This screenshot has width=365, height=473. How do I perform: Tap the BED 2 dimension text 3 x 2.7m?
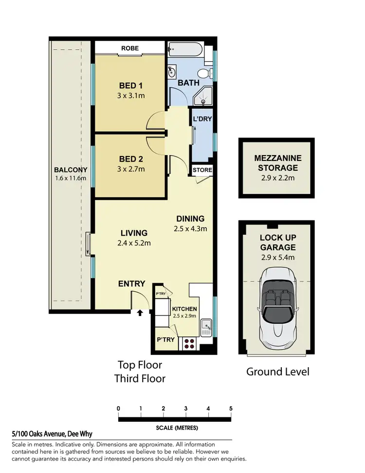pos(130,169)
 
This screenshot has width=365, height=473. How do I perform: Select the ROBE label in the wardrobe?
pos(130,48)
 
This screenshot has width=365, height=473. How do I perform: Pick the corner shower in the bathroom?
pos(203,99)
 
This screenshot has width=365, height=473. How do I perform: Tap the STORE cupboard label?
pos(202,170)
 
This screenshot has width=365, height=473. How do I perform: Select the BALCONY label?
pos(71,170)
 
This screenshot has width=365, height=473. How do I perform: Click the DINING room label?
pos(190,219)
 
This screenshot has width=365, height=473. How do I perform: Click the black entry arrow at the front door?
pos(140,313)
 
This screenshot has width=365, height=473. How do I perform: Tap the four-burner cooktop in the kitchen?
pos(189,343)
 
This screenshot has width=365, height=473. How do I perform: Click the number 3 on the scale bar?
pos(186,409)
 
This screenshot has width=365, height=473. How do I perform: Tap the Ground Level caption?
pos(277,372)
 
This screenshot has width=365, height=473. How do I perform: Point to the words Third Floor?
pos(140,378)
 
